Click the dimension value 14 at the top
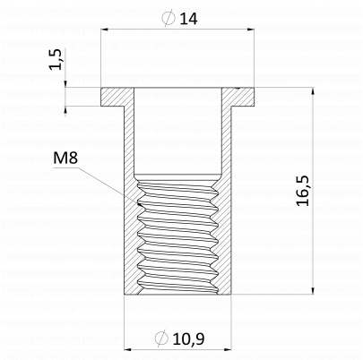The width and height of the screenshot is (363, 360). pyautogui.click(x=188, y=19)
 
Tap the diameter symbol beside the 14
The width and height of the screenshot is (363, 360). pyautogui.click(x=169, y=18)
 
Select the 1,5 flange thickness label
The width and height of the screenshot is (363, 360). pyautogui.click(x=56, y=59)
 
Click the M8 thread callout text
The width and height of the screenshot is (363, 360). pyautogui.click(x=65, y=158)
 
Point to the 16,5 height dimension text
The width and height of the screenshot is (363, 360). pyautogui.click(x=303, y=191)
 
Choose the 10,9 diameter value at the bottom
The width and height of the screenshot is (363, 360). pyautogui.click(x=188, y=339)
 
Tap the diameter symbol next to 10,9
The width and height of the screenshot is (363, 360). pyautogui.click(x=161, y=339)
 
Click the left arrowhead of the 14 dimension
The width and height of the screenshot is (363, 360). pyautogui.click(x=104, y=30)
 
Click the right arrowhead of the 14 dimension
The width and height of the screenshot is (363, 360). pyautogui.click(x=251, y=30)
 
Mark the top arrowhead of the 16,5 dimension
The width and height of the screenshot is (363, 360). pyautogui.click(x=313, y=91)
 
